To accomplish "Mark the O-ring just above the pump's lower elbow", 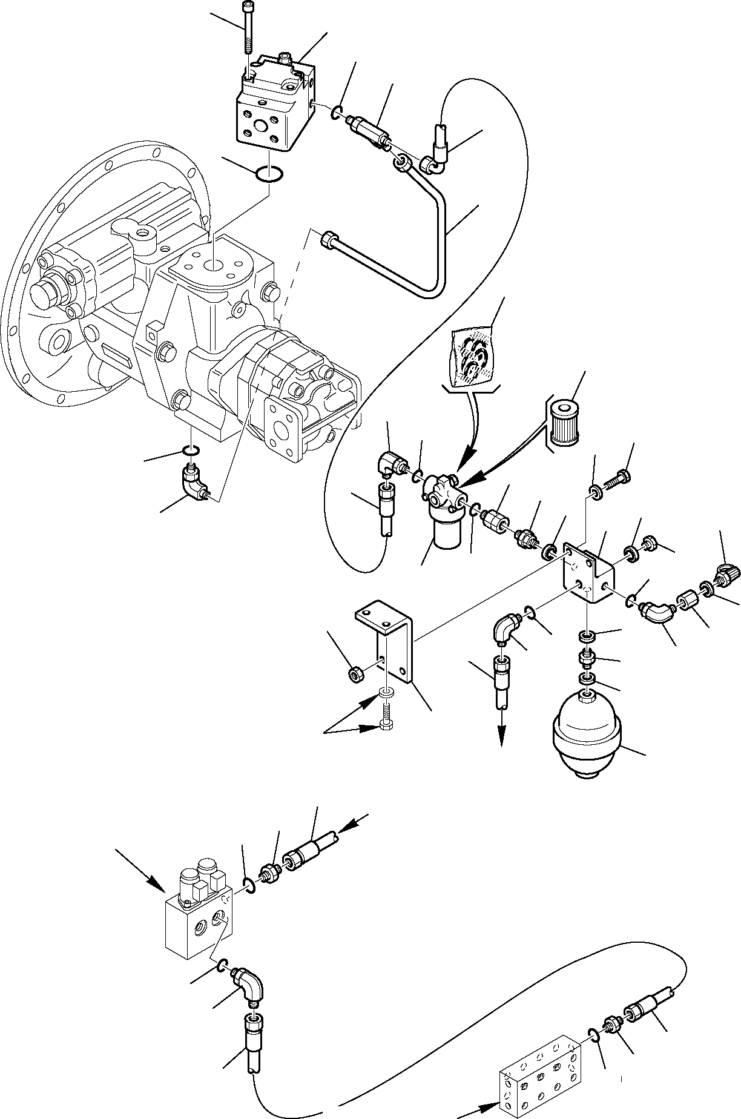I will click(191, 450).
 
